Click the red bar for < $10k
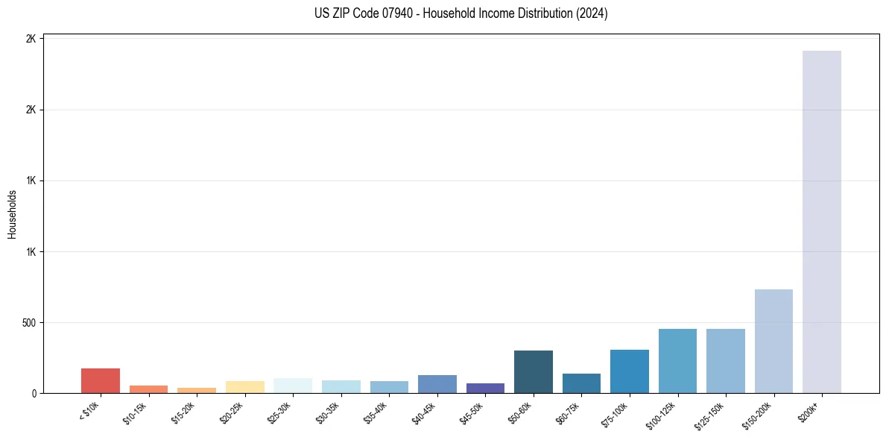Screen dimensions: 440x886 (x=101, y=380)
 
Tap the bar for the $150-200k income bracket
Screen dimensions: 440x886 (x=773, y=341)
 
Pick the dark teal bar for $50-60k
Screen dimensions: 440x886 (x=533, y=371)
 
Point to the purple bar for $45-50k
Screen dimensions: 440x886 (x=485, y=388)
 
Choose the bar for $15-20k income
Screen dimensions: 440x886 (x=197, y=390)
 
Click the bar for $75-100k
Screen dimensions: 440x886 (x=629, y=371)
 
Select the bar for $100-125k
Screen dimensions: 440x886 (x=677, y=361)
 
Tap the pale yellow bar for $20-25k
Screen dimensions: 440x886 (x=244, y=387)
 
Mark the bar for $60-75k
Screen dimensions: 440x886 (x=581, y=383)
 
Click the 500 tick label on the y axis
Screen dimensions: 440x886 (x=27, y=323)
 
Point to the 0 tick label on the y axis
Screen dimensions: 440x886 (x=34, y=394)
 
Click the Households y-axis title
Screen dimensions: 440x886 (x=13, y=214)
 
